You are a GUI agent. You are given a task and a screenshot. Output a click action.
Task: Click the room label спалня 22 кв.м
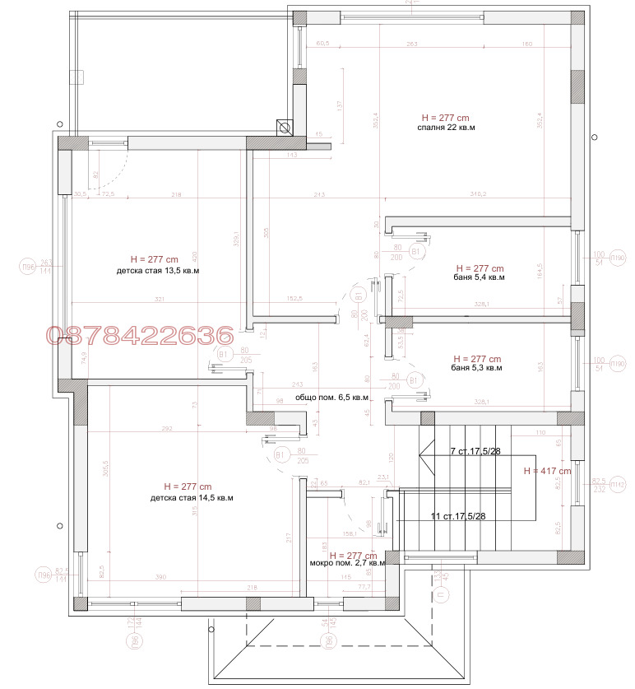point(447,128)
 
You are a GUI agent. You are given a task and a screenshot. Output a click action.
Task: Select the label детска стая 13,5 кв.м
point(159,270)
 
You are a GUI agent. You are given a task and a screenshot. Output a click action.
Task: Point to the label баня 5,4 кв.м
point(479,278)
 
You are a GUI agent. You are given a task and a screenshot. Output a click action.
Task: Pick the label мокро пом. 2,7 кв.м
point(347,564)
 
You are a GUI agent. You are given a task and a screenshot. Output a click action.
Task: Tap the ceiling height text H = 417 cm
point(547,471)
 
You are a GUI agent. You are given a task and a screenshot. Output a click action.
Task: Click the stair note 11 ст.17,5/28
point(458,517)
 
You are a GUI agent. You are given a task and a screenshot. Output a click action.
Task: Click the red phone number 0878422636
point(140,335)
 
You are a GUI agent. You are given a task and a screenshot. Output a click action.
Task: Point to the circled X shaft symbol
point(285,127)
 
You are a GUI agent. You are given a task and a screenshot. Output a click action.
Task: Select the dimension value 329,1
point(236,240)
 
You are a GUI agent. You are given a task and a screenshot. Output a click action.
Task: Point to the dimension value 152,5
point(293,299)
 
